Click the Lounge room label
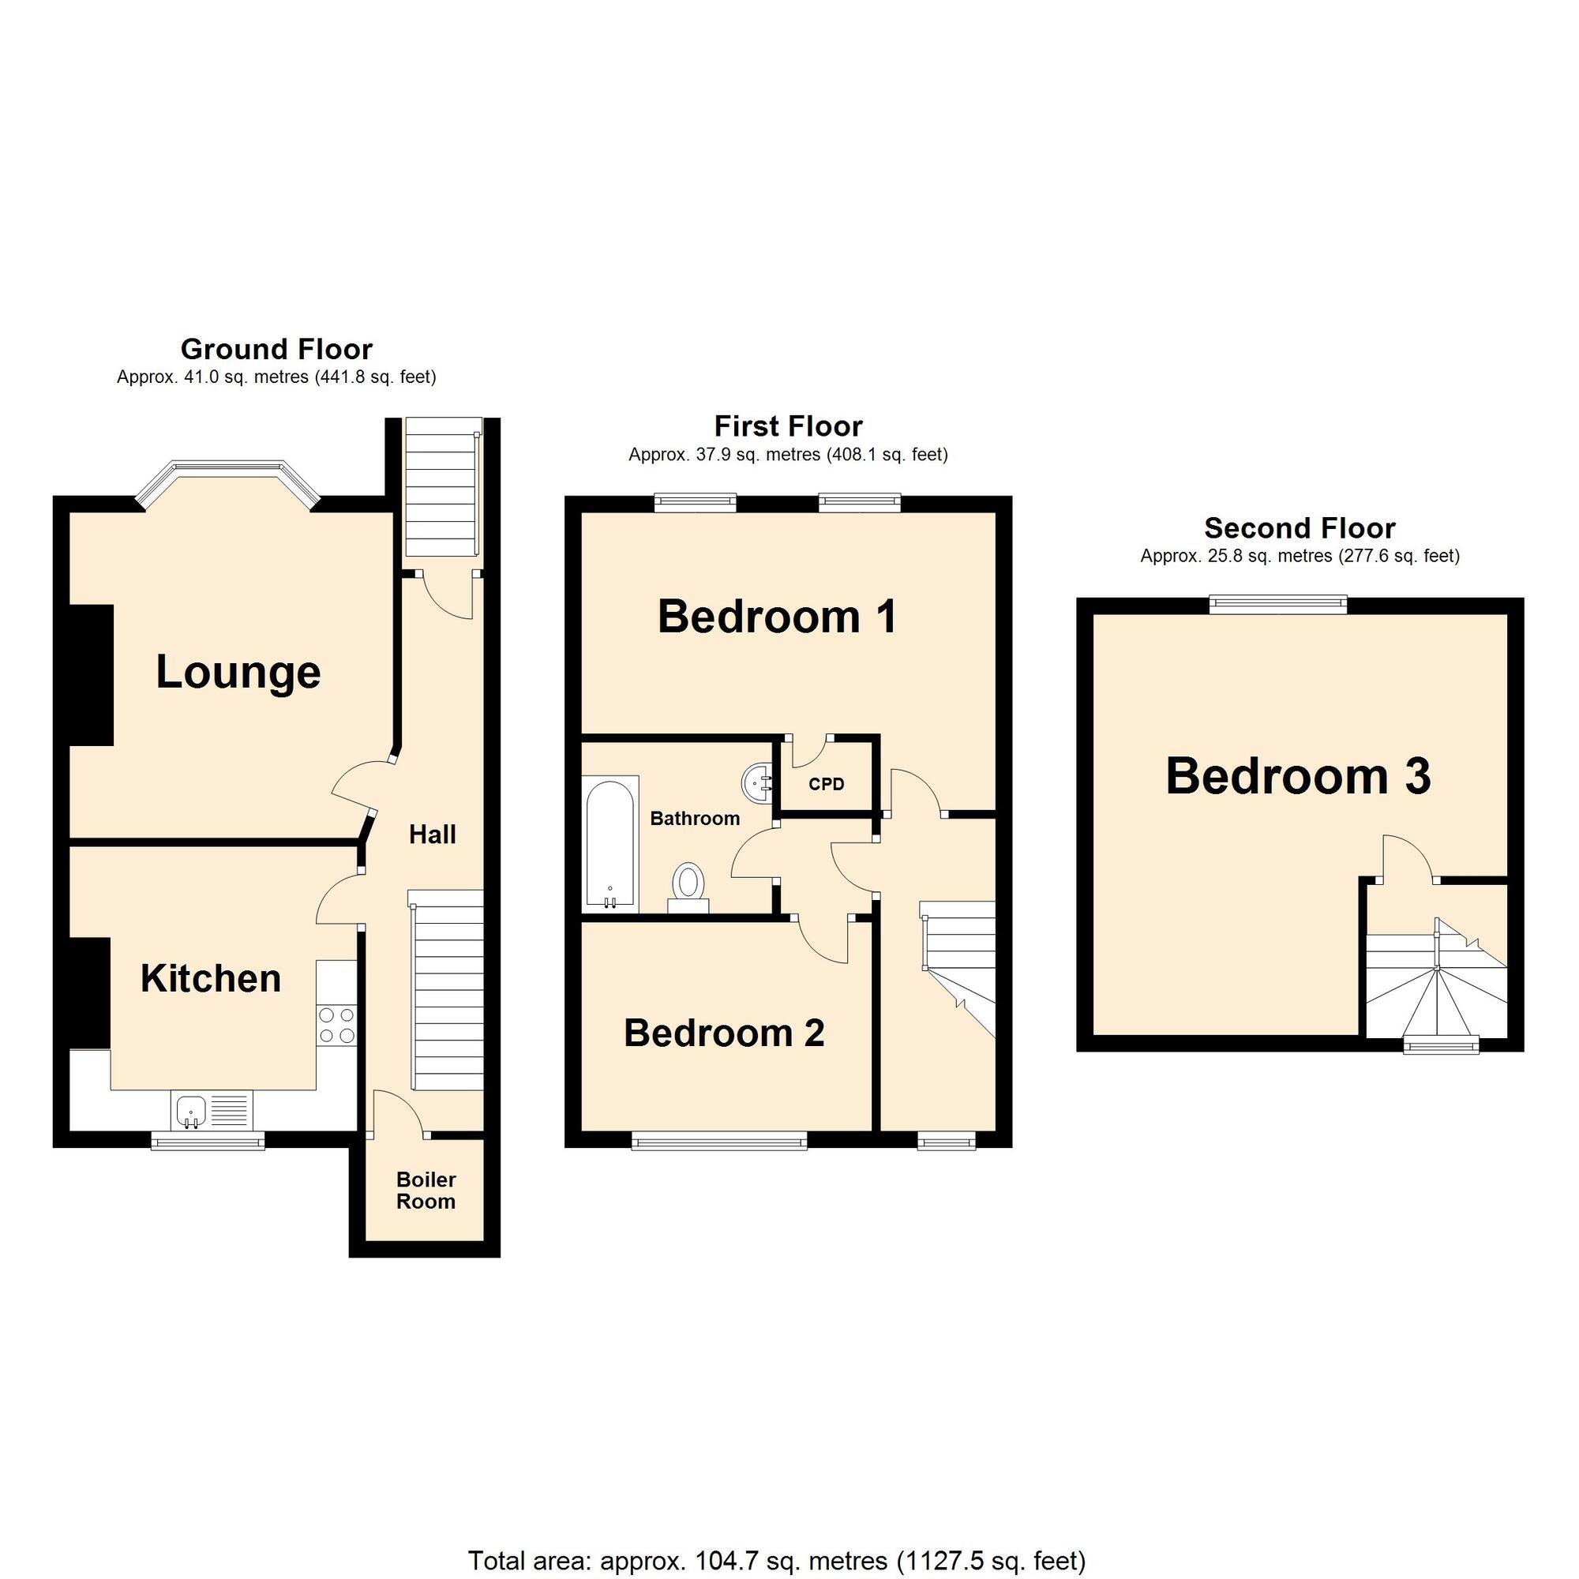[238, 673]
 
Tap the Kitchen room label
[211, 978]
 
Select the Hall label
[433, 835]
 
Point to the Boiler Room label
[426, 1190]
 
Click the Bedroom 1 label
[777, 617]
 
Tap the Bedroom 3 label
[1298, 775]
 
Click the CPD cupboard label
[827, 785]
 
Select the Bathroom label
[695, 818]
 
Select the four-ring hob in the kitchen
[337, 1025]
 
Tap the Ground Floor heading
[276, 350]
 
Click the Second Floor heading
[1300, 528]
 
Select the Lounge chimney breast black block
[91, 675]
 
